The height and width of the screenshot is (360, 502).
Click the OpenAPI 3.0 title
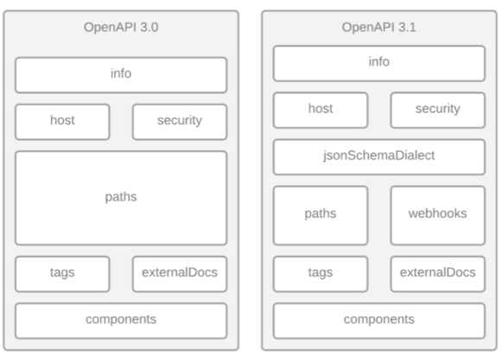pyautogui.click(x=121, y=28)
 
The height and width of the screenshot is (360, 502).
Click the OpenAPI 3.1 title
pyautogui.click(x=379, y=28)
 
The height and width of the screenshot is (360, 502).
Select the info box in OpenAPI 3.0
pyautogui.click(x=121, y=75)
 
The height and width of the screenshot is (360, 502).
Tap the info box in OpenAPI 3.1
pyautogui.click(x=379, y=63)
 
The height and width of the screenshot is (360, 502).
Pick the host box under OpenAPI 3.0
pyautogui.click(x=62, y=122)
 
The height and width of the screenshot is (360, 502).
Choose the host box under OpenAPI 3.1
pyautogui.click(x=321, y=111)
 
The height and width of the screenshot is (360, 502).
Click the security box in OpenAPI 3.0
pyautogui.click(x=180, y=122)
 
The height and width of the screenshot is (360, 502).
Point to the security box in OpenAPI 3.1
pyautogui.click(x=438, y=111)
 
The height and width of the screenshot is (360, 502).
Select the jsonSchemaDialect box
pyautogui.click(x=379, y=157)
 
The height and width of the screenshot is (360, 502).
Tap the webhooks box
pyautogui.click(x=438, y=215)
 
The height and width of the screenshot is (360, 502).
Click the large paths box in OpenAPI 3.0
pyautogui.click(x=121, y=198)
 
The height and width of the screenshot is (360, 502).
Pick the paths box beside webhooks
pyautogui.click(x=321, y=215)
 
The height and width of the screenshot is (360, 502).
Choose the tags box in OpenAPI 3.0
pyautogui.click(x=62, y=274)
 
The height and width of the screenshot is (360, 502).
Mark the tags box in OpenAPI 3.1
pyautogui.click(x=321, y=274)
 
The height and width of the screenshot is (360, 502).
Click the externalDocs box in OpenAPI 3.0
pyautogui.click(x=180, y=274)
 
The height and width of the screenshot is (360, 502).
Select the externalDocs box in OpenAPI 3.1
pyautogui.click(x=438, y=274)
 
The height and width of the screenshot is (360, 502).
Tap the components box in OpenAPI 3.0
pyautogui.click(x=121, y=320)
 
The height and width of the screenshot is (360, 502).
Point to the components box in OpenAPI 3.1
pyautogui.click(x=379, y=320)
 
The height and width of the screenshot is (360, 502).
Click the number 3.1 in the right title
pyautogui.click(x=407, y=28)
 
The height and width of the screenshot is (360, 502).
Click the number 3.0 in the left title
pyautogui.click(x=149, y=28)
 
